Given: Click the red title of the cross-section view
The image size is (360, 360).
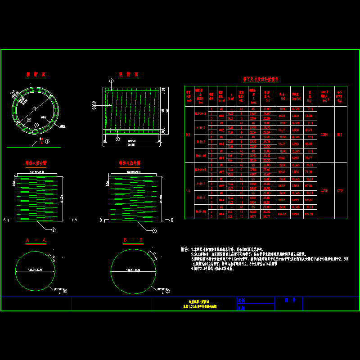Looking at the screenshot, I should (x=36, y=75).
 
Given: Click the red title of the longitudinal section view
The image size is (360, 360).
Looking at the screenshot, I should (x=128, y=75).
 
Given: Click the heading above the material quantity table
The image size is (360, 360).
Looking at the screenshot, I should (x=261, y=79).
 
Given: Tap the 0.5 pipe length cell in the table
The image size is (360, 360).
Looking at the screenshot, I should (x=189, y=134).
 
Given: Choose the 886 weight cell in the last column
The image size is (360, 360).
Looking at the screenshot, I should (x=340, y=134).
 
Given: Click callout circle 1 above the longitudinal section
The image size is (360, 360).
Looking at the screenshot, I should (x=111, y=80).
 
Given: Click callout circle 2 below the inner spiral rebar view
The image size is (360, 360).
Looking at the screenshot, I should (x=53, y=230).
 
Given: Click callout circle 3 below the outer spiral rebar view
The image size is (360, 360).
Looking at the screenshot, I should (x=155, y=230).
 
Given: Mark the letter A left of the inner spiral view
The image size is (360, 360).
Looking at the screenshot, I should (x=4, y=220).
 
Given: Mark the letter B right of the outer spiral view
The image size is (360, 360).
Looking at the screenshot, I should (x=172, y=220).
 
